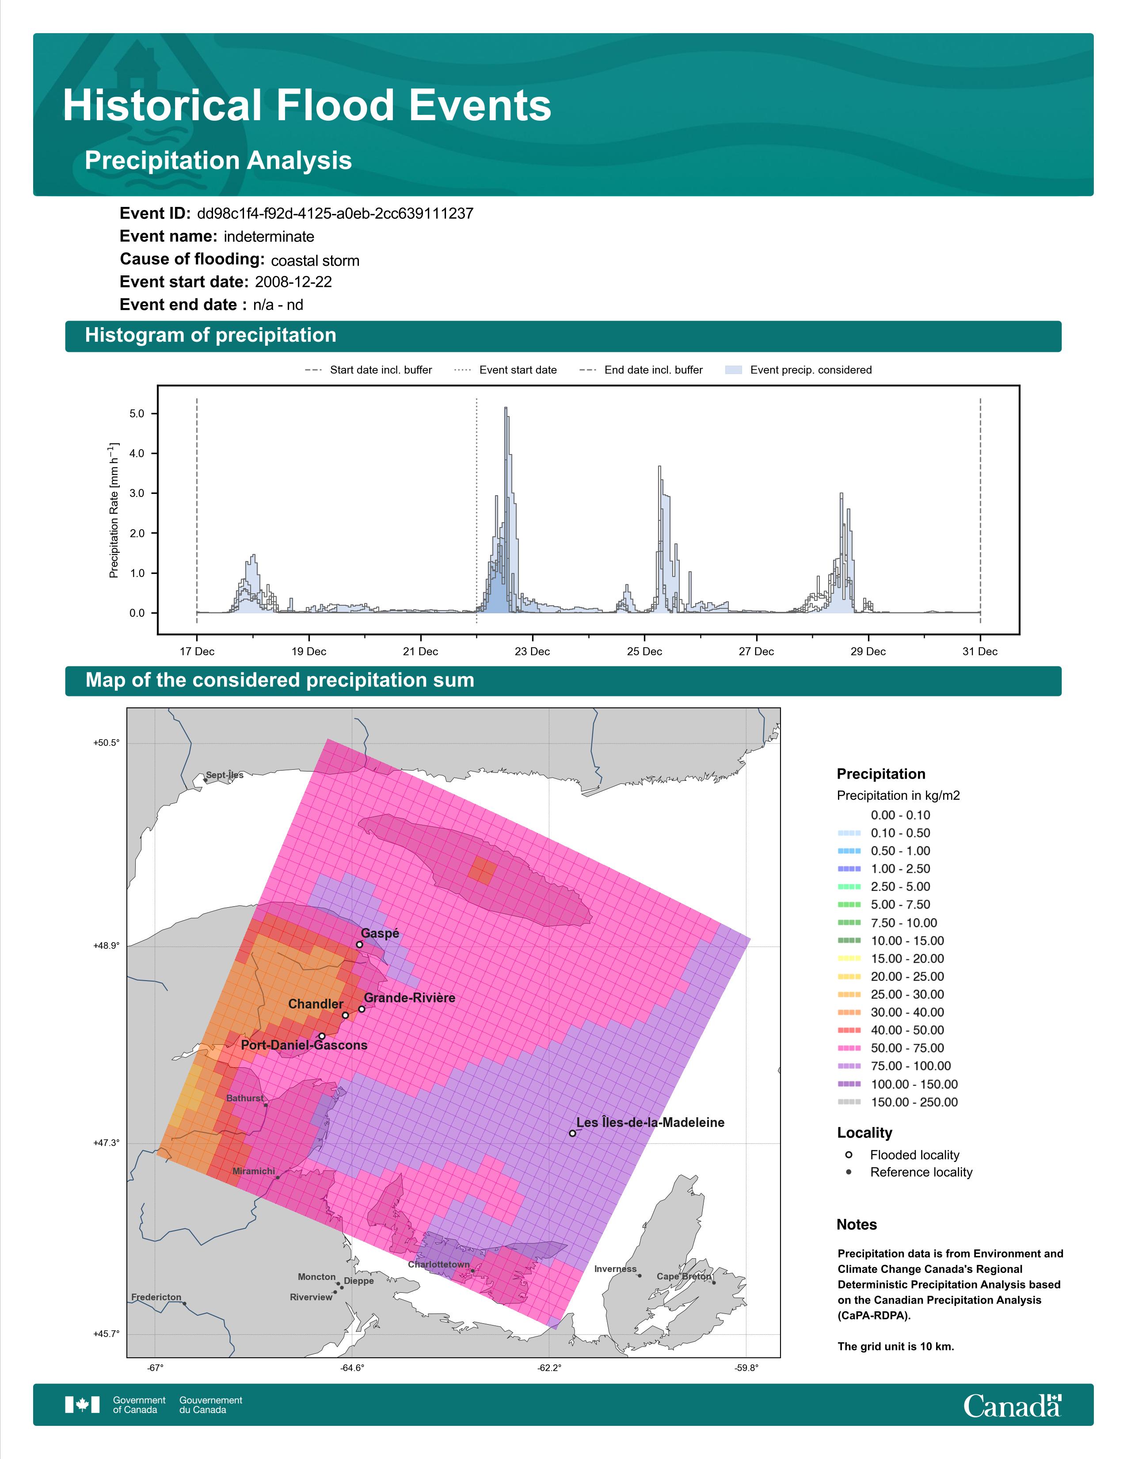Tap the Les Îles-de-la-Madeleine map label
(x=650, y=1122)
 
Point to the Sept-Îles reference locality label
(x=225, y=775)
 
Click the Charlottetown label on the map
(x=439, y=1264)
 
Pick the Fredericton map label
(x=156, y=1297)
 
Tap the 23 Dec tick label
(x=532, y=651)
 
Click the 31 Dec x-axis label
(x=979, y=651)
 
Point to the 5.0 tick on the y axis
(x=137, y=413)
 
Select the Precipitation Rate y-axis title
(x=114, y=510)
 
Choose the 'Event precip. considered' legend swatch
(x=733, y=370)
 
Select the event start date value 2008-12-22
(x=293, y=282)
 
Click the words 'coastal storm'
(x=315, y=260)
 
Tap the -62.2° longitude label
(x=549, y=1367)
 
